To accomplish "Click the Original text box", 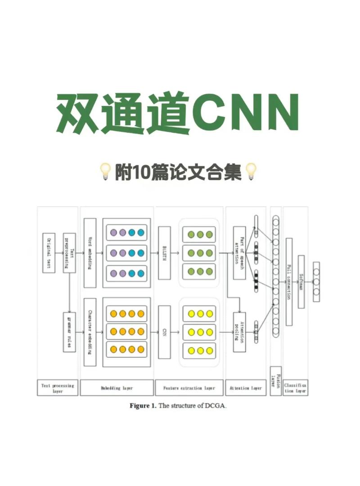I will tap(49, 253).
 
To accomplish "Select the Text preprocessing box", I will tap(69, 253).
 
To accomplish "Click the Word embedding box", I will tap(90, 253).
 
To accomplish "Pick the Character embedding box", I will tap(90, 332).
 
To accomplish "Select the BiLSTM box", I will tap(165, 253).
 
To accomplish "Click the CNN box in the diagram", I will tap(165, 332).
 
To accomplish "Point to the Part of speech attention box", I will tap(239, 253).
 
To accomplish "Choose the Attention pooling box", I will tap(239, 332).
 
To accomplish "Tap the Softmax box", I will tap(301, 282).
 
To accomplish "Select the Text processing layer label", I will tap(58, 388).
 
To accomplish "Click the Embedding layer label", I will tap(117, 388).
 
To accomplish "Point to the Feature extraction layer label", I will tap(189, 388).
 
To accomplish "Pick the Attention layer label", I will tap(246, 388).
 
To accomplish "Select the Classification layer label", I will tap(296, 388).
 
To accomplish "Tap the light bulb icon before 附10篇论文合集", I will tap(105, 172).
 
